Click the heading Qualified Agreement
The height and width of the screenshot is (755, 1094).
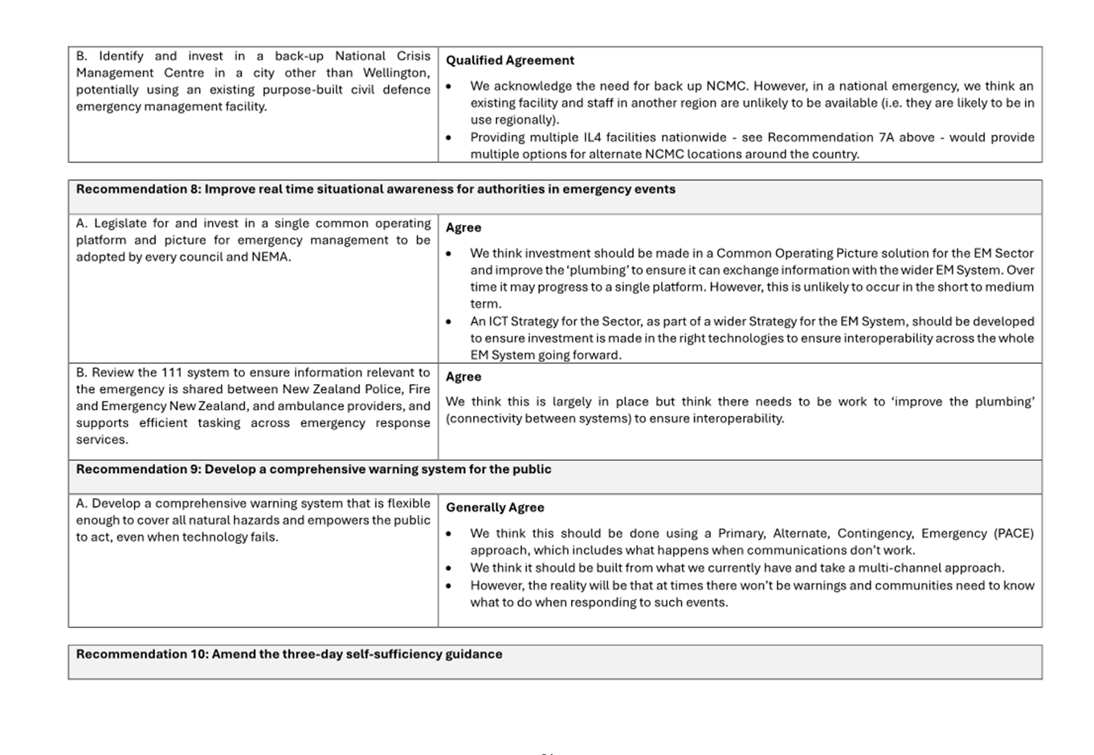pyautogui.click(x=509, y=60)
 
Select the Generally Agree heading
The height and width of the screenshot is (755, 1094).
pyautogui.click(x=495, y=508)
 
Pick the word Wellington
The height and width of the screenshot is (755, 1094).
pyautogui.click(x=396, y=73)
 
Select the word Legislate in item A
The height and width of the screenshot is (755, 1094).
pyautogui.click(x=120, y=223)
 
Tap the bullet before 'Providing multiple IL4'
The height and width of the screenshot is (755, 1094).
pyautogui.click(x=449, y=138)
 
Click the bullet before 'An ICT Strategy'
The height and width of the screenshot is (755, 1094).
pyautogui.click(x=449, y=322)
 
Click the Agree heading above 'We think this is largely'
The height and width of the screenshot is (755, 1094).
pyautogui.click(x=463, y=377)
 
